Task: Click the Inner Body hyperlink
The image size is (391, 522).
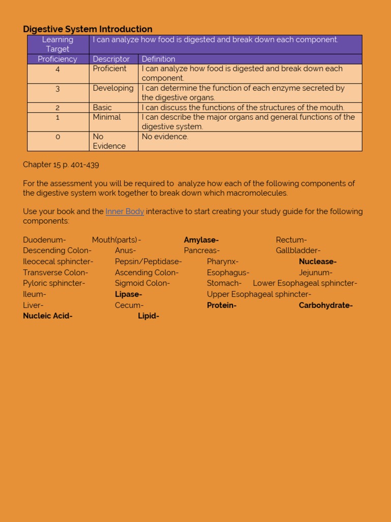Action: (x=125, y=212)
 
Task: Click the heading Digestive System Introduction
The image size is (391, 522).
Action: (x=88, y=29)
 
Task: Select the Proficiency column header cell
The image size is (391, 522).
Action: (x=58, y=59)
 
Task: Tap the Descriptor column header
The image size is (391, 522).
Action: (x=111, y=59)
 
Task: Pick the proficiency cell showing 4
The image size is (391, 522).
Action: (x=58, y=69)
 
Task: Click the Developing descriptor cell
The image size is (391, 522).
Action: (x=113, y=88)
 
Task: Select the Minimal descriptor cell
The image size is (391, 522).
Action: (x=107, y=117)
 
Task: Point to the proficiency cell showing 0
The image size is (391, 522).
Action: (x=58, y=137)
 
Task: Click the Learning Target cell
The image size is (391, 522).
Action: (x=58, y=44)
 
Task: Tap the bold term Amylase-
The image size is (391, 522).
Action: (x=201, y=240)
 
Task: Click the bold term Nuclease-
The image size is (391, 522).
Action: (x=318, y=262)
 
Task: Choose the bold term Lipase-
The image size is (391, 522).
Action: (x=128, y=294)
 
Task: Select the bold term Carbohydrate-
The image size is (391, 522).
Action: (x=325, y=305)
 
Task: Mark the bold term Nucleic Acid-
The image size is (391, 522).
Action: (x=48, y=316)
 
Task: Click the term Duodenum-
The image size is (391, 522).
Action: (x=44, y=240)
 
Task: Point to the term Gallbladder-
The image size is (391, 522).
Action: (x=298, y=250)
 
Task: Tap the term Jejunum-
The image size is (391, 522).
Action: (x=316, y=273)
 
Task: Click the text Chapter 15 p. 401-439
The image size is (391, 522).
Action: (x=61, y=164)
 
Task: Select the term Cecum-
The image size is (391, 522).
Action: (x=129, y=305)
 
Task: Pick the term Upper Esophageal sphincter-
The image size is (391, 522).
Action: (x=259, y=294)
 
